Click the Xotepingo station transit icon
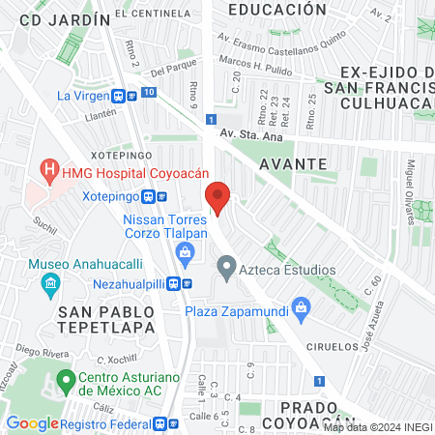149,196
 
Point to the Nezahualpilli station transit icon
173,283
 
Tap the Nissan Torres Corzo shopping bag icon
184,253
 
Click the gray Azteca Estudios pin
225,265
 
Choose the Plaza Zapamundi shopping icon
302,309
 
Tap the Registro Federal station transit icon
173,423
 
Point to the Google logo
32,422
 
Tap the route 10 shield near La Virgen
147,93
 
